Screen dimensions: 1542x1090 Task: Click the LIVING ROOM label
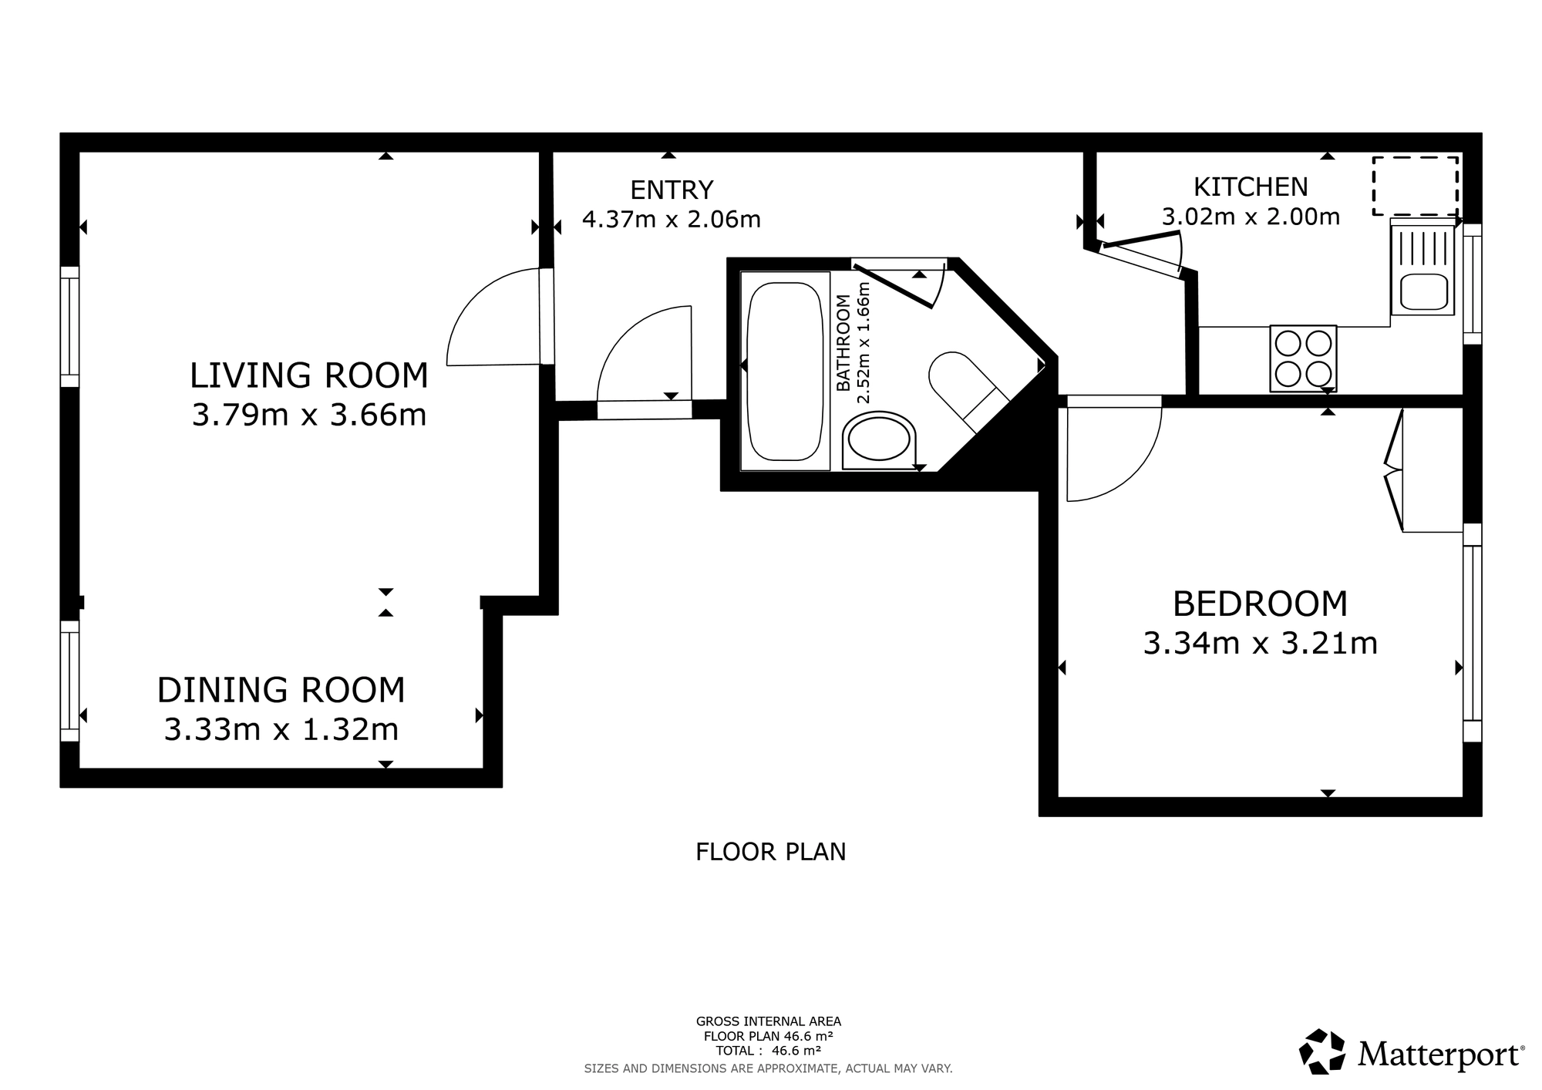[x=308, y=375]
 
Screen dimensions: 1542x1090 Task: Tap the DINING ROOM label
[x=281, y=690]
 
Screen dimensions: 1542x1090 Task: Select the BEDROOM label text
[x=1260, y=604]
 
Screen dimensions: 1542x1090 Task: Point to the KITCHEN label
[x=1251, y=187]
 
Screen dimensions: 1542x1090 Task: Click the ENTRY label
[x=672, y=190]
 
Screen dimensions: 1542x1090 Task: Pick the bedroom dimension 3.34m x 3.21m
[x=1260, y=643]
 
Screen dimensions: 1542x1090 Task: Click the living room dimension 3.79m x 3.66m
[x=308, y=415]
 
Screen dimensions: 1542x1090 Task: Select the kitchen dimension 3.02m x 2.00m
[x=1251, y=217]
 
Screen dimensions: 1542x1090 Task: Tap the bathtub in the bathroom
[x=786, y=371]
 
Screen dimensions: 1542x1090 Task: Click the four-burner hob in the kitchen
[x=1303, y=358]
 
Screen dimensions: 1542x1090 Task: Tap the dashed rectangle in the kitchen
[x=1416, y=186]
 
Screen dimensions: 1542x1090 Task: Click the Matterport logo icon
[x=1323, y=1051]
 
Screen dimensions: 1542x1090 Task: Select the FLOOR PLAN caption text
[x=771, y=852]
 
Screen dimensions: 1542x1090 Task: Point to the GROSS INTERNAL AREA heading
[x=769, y=1022]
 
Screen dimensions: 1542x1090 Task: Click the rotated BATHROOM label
[x=843, y=343]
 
